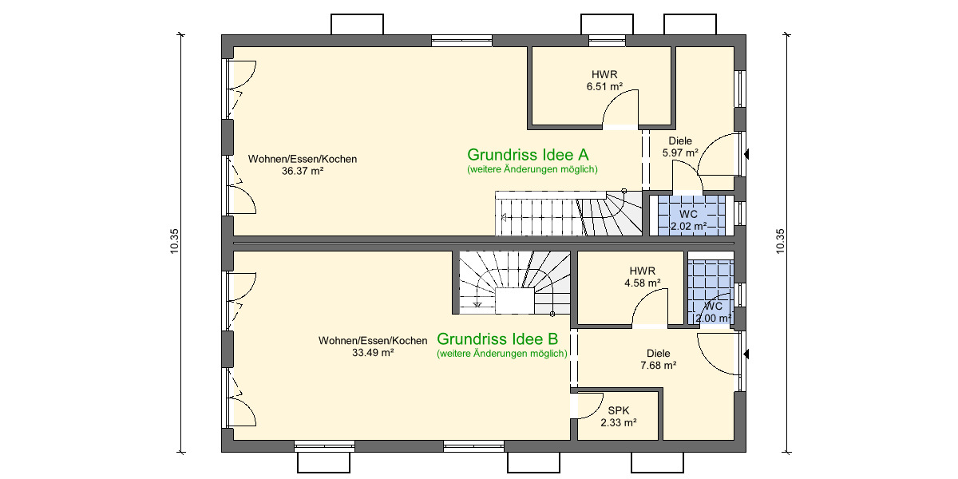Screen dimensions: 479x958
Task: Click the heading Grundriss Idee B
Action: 501,338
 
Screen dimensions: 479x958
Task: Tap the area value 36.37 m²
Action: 302,171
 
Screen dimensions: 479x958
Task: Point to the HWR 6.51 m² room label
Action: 604,80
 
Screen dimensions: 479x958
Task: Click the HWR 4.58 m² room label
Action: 642,276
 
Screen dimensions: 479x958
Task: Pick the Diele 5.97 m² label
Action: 680,147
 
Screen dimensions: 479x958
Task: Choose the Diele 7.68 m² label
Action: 658,359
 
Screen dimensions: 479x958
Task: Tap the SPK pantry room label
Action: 618,417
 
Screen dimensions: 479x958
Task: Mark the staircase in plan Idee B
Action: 513,283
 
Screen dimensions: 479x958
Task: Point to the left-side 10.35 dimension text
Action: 174,242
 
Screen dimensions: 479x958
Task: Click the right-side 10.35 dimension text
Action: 780,242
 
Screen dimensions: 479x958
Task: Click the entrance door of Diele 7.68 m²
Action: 718,355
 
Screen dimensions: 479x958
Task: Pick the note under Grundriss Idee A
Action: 532,169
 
